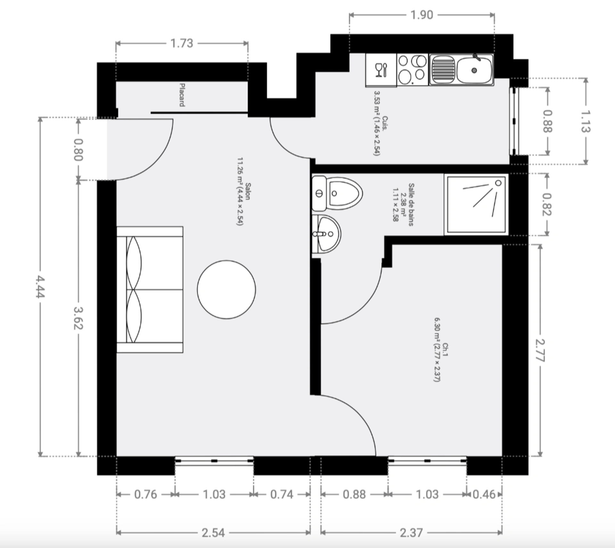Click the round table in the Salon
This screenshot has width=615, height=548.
[x=226, y=290]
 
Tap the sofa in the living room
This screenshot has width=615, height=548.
[x=150, y=290]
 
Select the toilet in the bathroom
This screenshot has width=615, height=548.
[x=337, y=193]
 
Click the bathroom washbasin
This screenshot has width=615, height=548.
[x=326, y=234]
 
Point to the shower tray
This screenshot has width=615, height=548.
[x=476, y=204]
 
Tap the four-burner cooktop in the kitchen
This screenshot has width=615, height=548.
[x=413, y=70]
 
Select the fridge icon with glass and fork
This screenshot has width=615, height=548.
[x=381, y=70]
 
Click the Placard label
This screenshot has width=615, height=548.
[x=182, y=95]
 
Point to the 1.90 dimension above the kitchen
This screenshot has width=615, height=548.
[x=422, y=15]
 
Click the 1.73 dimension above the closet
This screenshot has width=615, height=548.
[x=182, y=43]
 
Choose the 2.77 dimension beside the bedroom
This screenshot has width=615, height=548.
[x=540, y=350]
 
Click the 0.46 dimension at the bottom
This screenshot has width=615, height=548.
[x=484, y=494]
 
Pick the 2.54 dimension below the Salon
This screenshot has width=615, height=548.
[x=213, y=533]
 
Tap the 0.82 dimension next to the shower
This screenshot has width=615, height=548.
[x=547, y=204]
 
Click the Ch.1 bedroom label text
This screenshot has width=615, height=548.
[x=445, y=350]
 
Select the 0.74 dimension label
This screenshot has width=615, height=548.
[x=282, y=494]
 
